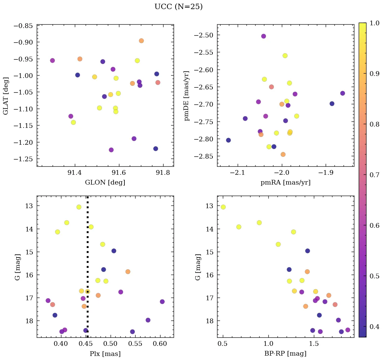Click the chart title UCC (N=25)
(x=178, y=7)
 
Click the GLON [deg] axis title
(x=105, y=183)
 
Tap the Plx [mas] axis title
(x=105, y=354)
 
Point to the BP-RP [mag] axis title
(x=285, y=354)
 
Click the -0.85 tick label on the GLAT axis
(x=23, y=26)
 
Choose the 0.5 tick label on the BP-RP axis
(x=223, y=345)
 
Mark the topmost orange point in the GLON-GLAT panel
(x=141, y=41)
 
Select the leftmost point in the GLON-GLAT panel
(x=52, y=61)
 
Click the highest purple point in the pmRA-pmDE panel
(x=263, y=36)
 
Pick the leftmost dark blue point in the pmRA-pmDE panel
(x=228, y=140)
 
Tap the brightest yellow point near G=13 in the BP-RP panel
(x=223, y=207)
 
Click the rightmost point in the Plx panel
(x=162, y=302)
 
